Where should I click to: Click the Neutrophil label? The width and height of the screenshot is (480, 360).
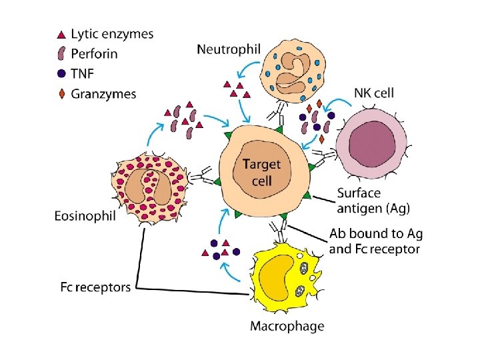tap(228, 48)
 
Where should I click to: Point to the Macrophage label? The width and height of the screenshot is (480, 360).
tap(287, 326)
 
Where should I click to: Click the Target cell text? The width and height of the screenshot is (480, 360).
tap(261, 171)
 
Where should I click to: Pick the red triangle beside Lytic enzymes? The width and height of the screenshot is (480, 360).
tap(61, 34)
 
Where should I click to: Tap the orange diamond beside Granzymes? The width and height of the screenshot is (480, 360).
tap(61, 95)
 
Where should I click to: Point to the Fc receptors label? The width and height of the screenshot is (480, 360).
tap(95, 287)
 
